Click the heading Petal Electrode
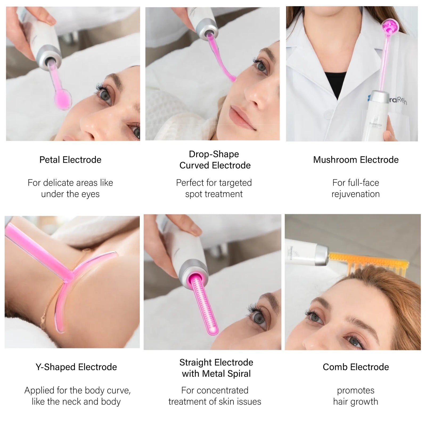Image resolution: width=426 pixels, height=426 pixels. point(70,160)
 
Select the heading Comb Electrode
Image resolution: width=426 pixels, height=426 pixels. point(356,367)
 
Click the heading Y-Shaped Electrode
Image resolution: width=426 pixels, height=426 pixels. point(76,367)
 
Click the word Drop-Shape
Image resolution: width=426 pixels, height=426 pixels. point(214,154)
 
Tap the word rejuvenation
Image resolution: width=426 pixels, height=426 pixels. point(355,194)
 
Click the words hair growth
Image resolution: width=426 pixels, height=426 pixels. point(355,401)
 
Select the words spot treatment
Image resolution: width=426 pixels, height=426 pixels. point(214,194)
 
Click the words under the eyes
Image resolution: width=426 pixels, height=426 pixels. point(70,194)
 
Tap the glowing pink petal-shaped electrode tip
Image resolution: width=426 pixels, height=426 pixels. point(63,99)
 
